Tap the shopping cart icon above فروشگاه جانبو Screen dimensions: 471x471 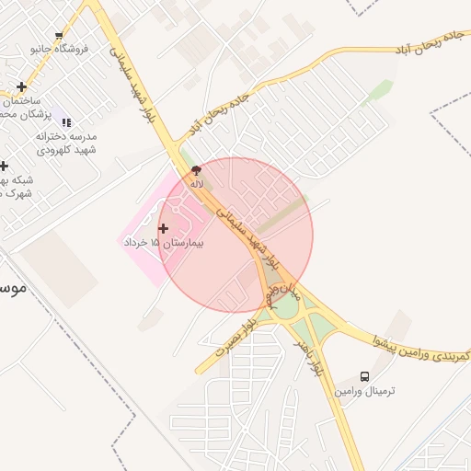pos(60,36)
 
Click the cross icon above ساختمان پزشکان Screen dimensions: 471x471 pos(21,87)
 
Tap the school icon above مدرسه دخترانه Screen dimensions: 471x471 pos(64,121)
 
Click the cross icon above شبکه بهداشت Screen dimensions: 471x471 pos(4,167)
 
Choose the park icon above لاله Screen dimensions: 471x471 pos(196,170)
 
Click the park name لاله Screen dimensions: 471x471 pos(196,184)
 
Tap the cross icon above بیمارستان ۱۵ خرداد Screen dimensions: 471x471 pos(164,228)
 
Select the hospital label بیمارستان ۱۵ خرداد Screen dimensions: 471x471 pos(162,243)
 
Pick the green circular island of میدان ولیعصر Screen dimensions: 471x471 pos(286,308)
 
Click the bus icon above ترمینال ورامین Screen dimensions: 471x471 pos(365,377)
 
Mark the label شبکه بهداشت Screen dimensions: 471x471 pos(17,187)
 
